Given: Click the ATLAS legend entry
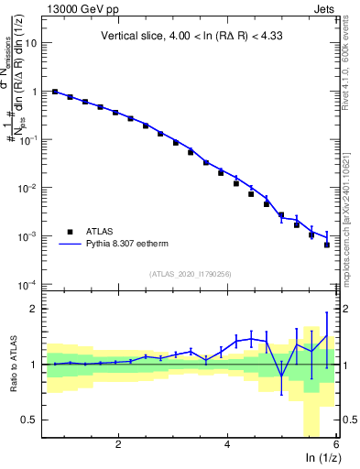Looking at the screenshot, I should (x=99, y=233).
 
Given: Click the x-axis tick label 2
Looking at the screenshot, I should (x=118, y=443).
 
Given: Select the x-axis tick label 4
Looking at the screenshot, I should (x=227, y=443).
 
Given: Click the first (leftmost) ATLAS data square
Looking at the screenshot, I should (x=55, y=92).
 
